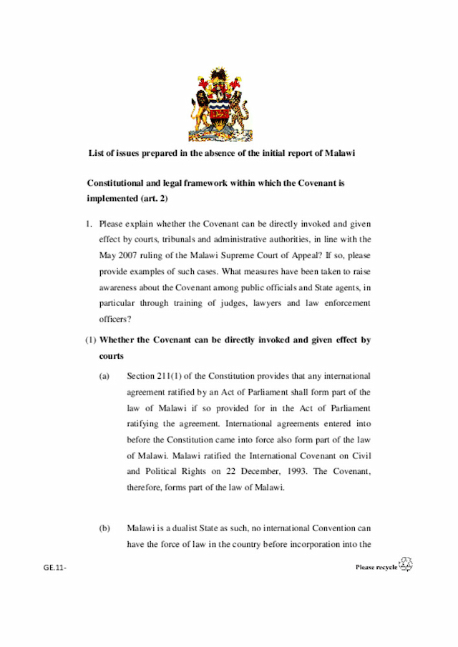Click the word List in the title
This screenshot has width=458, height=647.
pos(96,153)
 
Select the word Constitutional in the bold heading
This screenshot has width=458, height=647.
pos(117,183)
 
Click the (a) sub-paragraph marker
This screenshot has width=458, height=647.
pos(104,375)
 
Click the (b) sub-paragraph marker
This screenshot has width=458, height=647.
pos(104,528)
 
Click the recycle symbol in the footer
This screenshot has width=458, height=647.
pos(406,565)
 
